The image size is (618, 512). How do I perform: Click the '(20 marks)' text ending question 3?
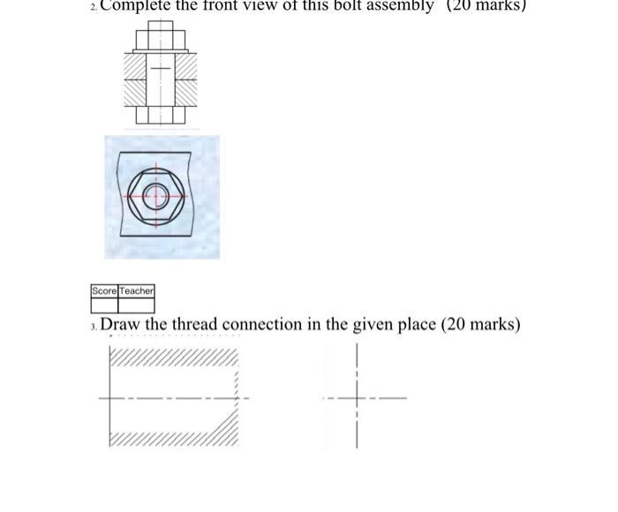click(x=481, y=324)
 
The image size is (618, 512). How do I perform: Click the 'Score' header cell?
click(x=104, y=290)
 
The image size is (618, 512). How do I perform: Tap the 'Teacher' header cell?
click(x=137, y=290)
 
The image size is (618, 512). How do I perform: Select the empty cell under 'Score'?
click(x=104, y=305)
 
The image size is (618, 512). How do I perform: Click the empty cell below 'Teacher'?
click(x=137, y=305)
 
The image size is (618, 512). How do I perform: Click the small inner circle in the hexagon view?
click(x=159, y=195)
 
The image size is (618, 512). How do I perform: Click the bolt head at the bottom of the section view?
click(x=160, y=115)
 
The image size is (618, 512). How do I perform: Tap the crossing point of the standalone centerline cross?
click(x=357, y=398)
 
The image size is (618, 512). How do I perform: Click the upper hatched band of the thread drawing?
click(x=173, y=358)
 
